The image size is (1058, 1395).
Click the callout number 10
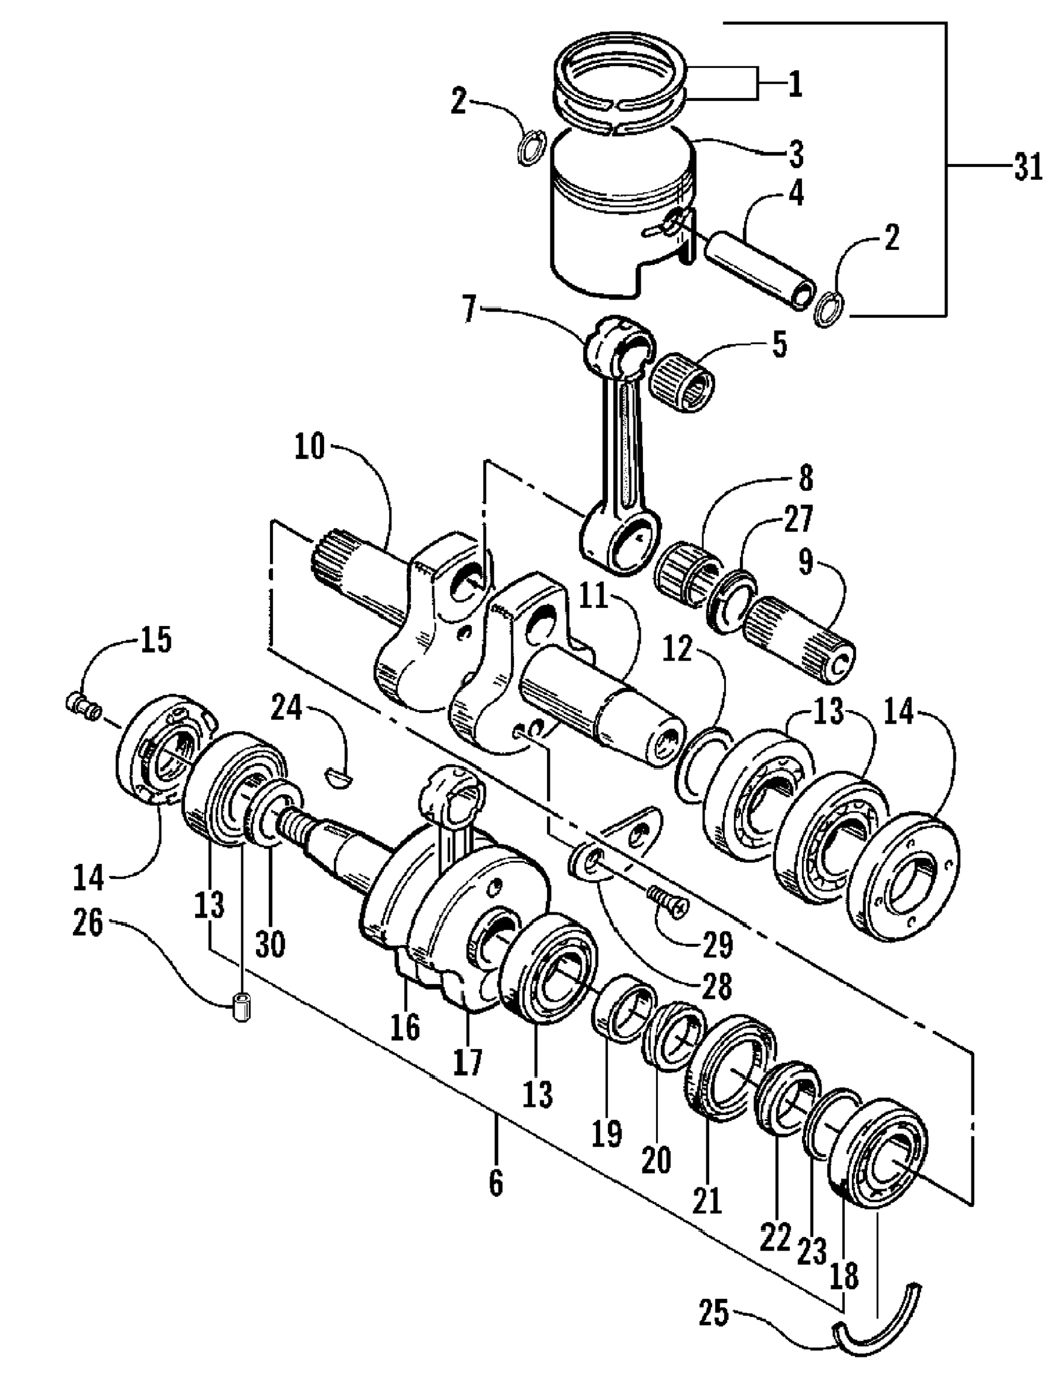(x=309, y=447)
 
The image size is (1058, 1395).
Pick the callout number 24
(x=288, y=710)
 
